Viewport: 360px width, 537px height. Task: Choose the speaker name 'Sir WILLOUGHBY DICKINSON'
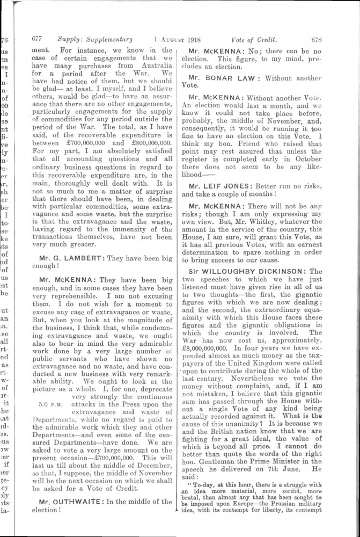250,272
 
